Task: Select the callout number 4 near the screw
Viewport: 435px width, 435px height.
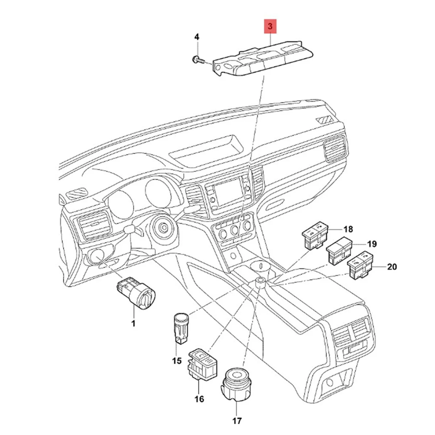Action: (x=197, y=37)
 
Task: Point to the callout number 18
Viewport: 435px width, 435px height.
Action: (x=348, y=229)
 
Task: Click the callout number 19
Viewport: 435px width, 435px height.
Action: (x=372, y=244)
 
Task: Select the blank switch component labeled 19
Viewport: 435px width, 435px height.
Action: (x=340, y=250)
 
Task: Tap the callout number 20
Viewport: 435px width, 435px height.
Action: (x=392, y=267)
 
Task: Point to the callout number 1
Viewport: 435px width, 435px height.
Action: (x=133, y=323)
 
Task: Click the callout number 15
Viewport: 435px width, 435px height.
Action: (x=177, y=361)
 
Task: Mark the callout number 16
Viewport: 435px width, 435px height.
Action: (x=199, y=399)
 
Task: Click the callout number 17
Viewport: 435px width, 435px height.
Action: (x=237, y=421)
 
